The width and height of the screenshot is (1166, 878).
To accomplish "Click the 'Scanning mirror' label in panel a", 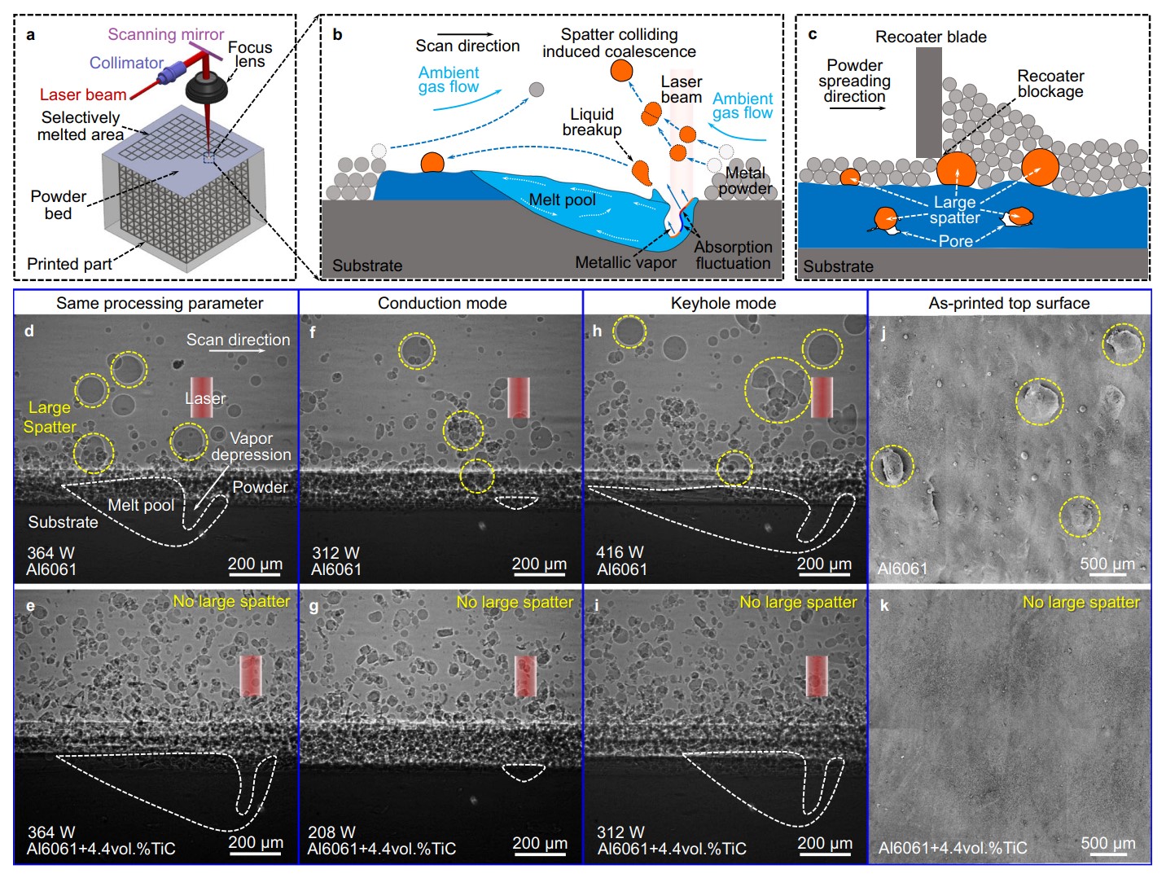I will pos(165,34).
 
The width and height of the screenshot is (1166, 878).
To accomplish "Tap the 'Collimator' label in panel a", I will pos(126,63).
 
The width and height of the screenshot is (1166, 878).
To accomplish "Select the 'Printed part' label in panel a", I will pos(69,264).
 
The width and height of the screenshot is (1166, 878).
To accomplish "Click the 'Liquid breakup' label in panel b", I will pos(592,122).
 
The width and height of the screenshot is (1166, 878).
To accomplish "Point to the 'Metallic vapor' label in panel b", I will pos(625,262).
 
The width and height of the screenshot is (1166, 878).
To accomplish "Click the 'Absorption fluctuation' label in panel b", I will pos(733,255).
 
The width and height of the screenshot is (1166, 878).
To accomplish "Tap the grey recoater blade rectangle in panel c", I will pos(928,102).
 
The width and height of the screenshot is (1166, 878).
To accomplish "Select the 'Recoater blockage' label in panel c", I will pos(1050,83).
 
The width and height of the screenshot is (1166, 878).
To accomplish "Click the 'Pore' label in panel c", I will pos(955,241).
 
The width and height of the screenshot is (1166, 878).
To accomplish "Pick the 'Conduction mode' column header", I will pos(442,303).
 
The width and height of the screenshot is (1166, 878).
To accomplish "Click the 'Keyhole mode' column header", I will pos(723,303).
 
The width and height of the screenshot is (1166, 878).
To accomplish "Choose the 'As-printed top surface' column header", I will pos(1009,303).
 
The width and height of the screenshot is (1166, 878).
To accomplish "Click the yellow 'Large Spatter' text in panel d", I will pos(50,417).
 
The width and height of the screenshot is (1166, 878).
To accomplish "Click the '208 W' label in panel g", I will pos(331,832).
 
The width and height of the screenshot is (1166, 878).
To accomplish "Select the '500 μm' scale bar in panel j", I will pos(1107,565).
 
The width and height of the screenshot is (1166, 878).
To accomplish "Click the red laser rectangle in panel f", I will pos(519,397).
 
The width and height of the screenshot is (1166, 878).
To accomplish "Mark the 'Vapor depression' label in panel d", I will pos(251,446).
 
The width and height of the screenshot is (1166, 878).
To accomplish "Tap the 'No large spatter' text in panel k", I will pos(1081,603).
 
